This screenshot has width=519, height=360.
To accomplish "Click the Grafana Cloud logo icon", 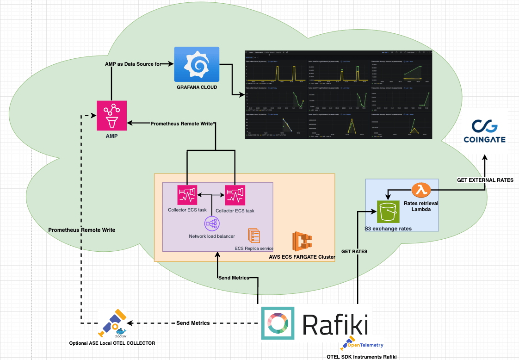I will pos(197,64).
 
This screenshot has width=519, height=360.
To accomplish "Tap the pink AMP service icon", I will pos(111,116).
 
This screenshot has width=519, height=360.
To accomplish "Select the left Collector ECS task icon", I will pos(187,195).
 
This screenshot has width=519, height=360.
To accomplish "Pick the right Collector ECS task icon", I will pos(235,195).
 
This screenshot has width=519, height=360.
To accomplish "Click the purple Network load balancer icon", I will pos(211,224).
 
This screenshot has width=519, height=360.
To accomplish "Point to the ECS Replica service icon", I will pos(254,236).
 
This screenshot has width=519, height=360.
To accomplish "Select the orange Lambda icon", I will pos(421,190).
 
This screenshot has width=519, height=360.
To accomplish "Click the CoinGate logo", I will pos(485,131).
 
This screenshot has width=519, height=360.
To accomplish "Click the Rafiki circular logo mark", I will pos(278,323).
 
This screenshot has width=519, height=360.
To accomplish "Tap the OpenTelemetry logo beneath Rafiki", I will pos(362,344).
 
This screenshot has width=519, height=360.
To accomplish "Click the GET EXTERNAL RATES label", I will pos(485,180).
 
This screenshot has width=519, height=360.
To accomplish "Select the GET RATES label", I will pos(354,251).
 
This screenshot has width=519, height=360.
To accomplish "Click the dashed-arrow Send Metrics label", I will pos(193,323).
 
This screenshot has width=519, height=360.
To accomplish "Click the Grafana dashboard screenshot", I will pos(338,94).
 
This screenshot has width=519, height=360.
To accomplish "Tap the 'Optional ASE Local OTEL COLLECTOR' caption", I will pos(112,343).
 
